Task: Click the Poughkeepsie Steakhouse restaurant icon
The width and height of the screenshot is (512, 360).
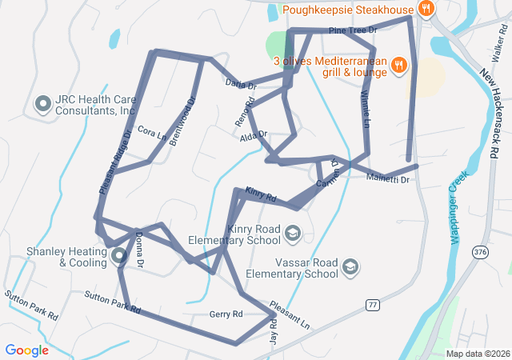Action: (x=426, y=10)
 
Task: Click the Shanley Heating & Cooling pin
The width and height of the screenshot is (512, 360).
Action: (x=118, y=256)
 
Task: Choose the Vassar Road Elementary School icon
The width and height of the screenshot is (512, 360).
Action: (x=350, y=266)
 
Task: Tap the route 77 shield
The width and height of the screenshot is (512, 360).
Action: (x=373, y=305)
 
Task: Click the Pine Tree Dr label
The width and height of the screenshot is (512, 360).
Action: (x=352, y=30)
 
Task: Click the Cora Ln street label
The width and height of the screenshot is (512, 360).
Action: (x=151, y=133)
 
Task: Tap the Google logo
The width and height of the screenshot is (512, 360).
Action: (x=27, y=350)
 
